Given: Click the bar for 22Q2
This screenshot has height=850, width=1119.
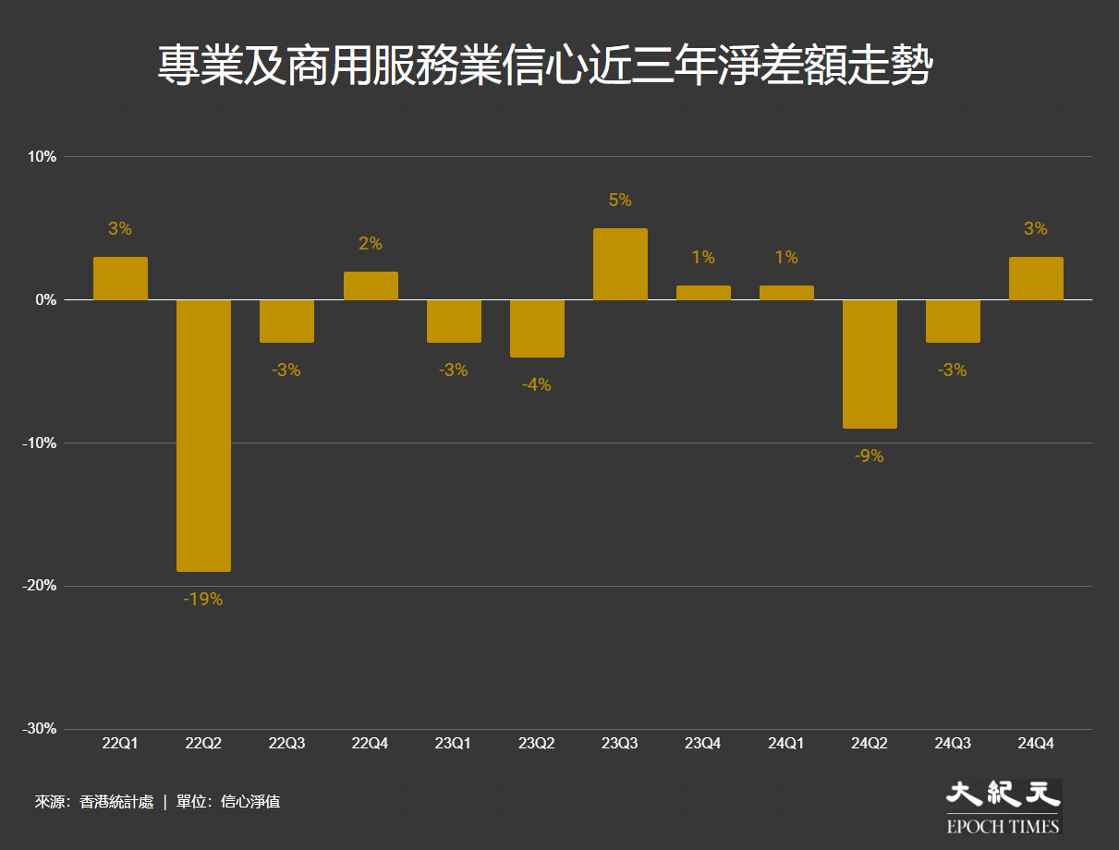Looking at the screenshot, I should pos(203,435).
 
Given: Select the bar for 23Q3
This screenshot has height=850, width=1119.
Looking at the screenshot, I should pos(620,264).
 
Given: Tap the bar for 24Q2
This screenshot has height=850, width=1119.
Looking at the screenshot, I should pos(870,364).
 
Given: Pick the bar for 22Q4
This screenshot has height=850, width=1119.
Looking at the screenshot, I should pos(371,285).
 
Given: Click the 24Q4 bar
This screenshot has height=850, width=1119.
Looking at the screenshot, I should pos(1036,278).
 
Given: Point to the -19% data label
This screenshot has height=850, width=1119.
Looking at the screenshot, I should pos(203,599).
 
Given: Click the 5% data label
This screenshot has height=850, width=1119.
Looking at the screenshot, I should pos(620,200).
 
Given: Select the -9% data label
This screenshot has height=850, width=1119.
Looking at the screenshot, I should pos(870,455).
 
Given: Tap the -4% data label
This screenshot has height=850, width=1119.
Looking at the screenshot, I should pos(536,384).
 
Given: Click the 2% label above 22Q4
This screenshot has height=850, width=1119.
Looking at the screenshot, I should pos(371,244).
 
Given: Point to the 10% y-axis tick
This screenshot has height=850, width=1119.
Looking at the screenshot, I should pos(42,157).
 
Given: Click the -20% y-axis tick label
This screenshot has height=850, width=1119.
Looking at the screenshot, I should pos(40,586).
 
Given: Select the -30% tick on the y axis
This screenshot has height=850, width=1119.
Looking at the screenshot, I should pos(40,729).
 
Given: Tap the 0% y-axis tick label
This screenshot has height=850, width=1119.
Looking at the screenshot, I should pos(45,300).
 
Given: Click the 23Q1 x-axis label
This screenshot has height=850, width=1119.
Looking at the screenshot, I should pos(454,743).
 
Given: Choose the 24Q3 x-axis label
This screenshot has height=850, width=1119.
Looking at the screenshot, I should pos(953,743).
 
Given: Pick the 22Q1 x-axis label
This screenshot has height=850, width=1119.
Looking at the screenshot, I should pos(120,743).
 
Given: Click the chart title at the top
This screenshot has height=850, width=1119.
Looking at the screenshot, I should pos(544,67).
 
